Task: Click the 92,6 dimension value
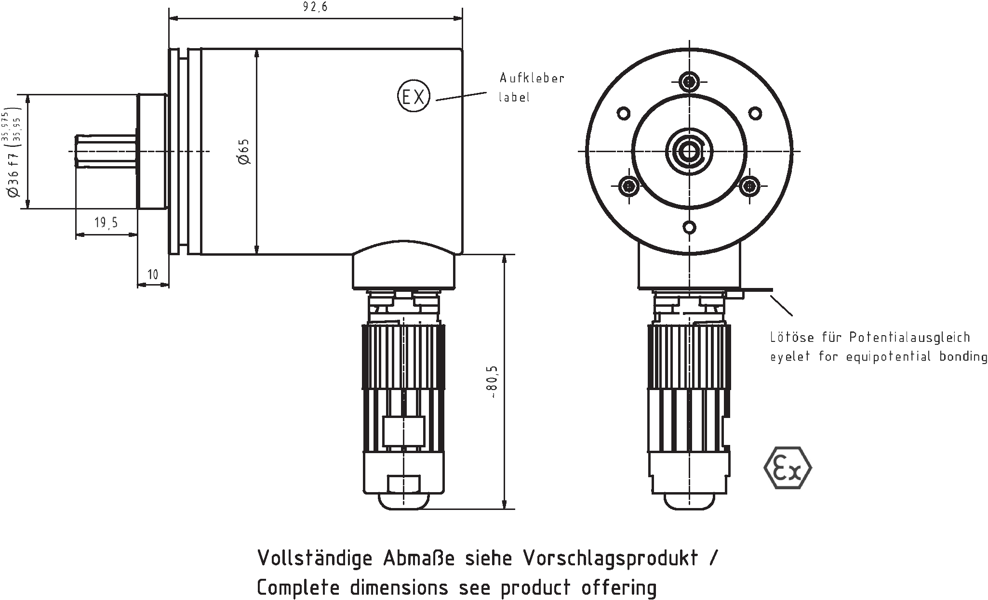point(316,7)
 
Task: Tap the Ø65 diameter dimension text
point(244,151)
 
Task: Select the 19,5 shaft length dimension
point(106,222)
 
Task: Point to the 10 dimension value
point(153,274)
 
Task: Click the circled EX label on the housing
point(413,97)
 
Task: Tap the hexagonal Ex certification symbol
point(788,468)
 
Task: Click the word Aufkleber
point(532,78)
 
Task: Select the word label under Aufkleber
point(514,97)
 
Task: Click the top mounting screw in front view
point(690,81)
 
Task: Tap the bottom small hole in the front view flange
point(690,227)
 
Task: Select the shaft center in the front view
point(690,151)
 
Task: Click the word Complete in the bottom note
point(299,588)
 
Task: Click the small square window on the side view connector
point(403,431)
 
